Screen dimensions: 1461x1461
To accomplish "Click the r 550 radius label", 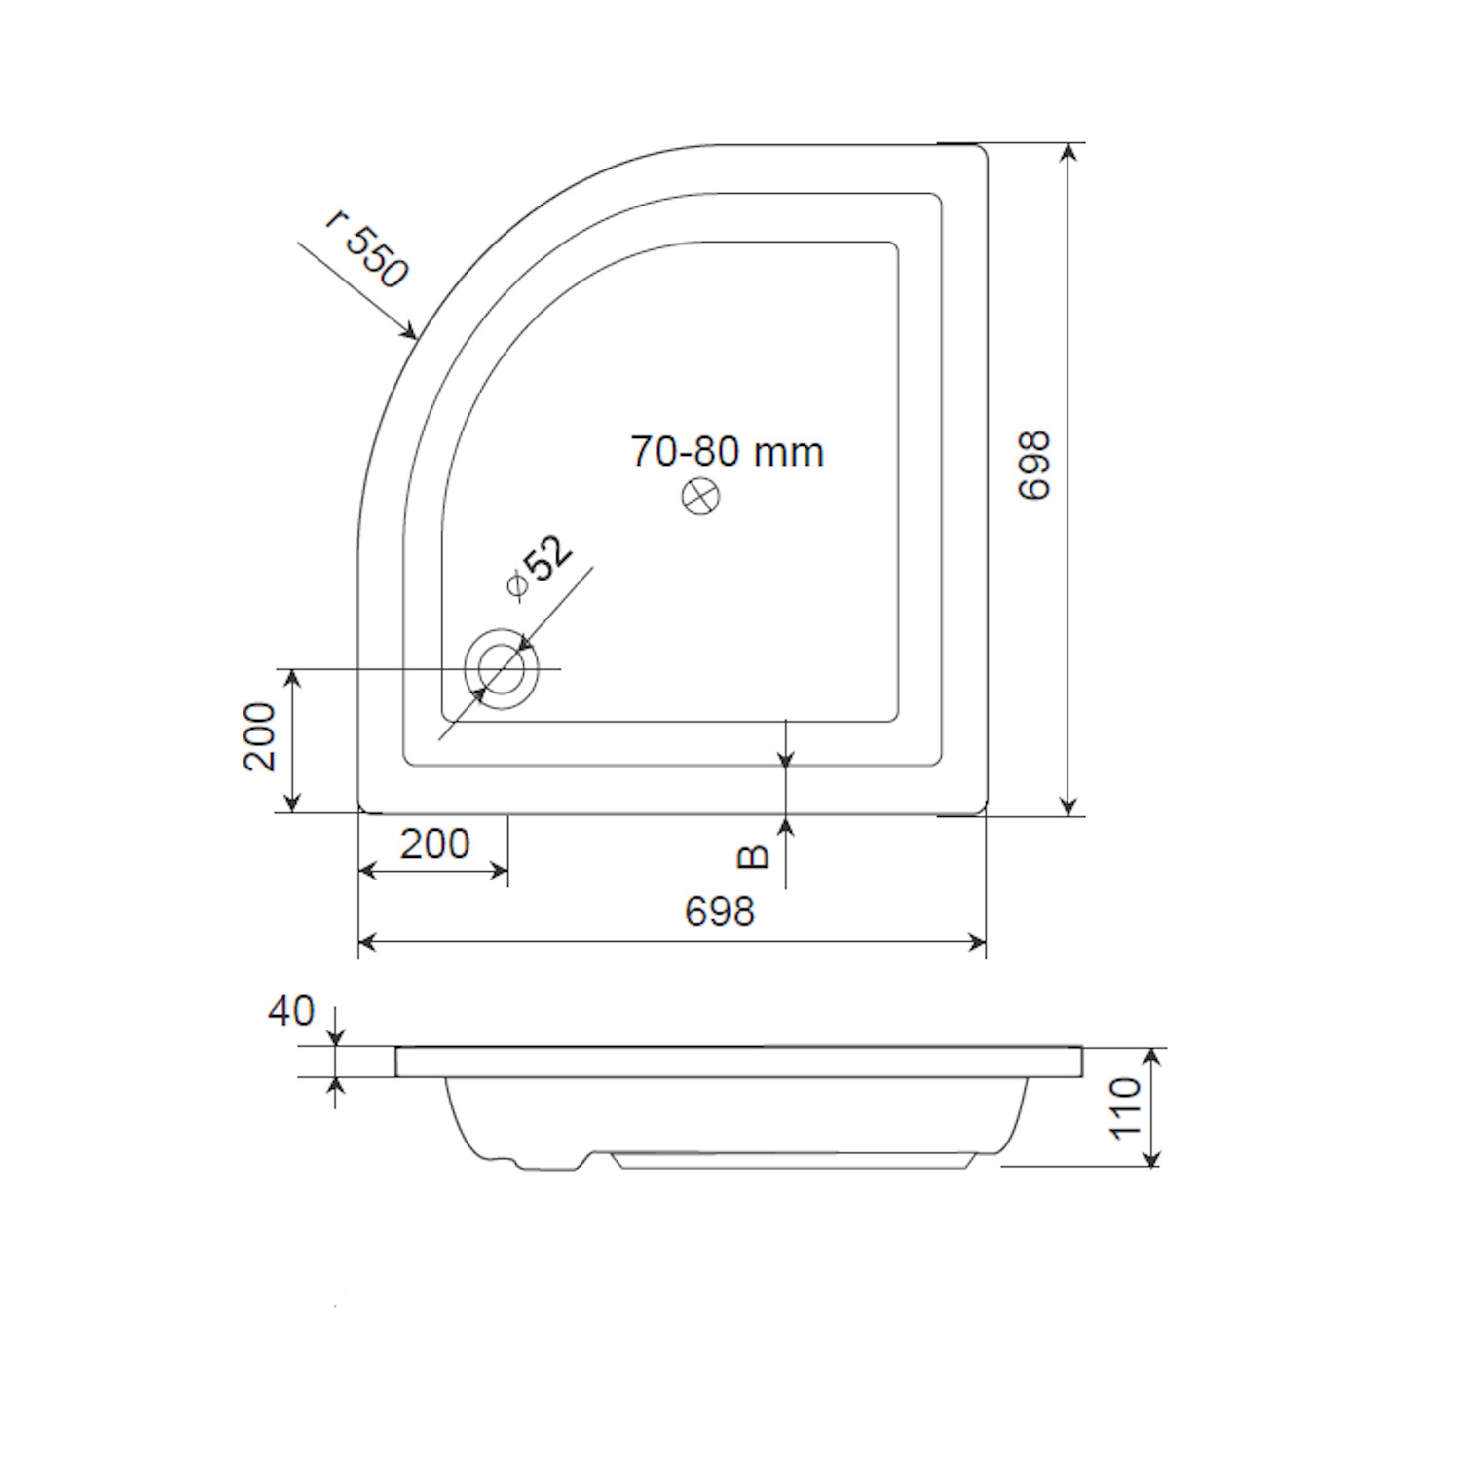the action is coord(366,249).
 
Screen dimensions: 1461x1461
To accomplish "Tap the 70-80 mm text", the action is coord(727,452).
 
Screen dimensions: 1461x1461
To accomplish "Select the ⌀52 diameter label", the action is coord(539,568).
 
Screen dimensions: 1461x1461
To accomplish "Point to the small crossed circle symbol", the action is coord(699,496).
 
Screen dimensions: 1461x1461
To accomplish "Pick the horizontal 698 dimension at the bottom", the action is coord(720,912).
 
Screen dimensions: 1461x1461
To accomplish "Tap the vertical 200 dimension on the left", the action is coord(260,737).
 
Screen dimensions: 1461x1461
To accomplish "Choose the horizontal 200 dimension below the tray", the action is coord(434,843).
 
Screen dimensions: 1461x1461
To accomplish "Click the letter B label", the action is coord(753,856).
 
